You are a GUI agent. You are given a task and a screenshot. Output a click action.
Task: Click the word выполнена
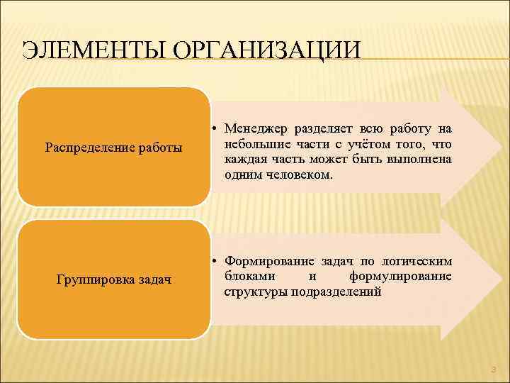[x=419, y=159]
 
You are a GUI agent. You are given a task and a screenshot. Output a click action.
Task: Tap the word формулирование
[x=400, y=276]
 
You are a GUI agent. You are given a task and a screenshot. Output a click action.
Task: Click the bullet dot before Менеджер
[x=213, y=128]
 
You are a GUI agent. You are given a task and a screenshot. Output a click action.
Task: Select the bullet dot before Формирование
[x=213, y=260]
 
